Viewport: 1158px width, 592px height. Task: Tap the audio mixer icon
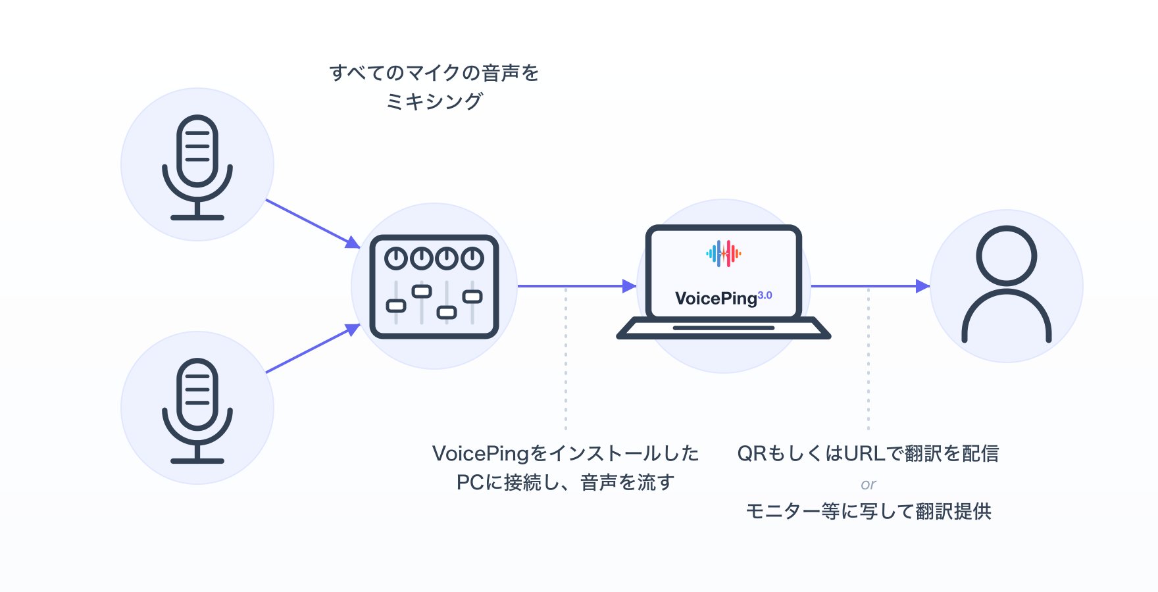434,287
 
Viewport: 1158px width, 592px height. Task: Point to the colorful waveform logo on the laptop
724,253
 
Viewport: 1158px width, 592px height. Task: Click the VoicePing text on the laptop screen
716,299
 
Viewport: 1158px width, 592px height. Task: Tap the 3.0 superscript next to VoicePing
765,295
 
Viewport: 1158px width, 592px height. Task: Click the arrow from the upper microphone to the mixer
313,224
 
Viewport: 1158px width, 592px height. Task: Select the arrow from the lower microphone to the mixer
313,348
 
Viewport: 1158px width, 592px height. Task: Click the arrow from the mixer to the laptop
577,286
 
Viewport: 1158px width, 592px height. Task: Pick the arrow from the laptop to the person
870,286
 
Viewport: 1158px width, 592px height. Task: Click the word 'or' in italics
868,484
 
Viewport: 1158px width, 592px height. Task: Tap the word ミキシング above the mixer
434,101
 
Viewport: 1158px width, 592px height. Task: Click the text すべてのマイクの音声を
434,72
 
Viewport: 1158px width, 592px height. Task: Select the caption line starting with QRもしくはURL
868,453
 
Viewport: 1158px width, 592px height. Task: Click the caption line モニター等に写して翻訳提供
868,511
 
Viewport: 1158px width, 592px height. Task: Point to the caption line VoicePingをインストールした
565,453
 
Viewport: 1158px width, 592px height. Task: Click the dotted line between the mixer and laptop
566,358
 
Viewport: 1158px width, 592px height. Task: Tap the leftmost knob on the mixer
396,259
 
